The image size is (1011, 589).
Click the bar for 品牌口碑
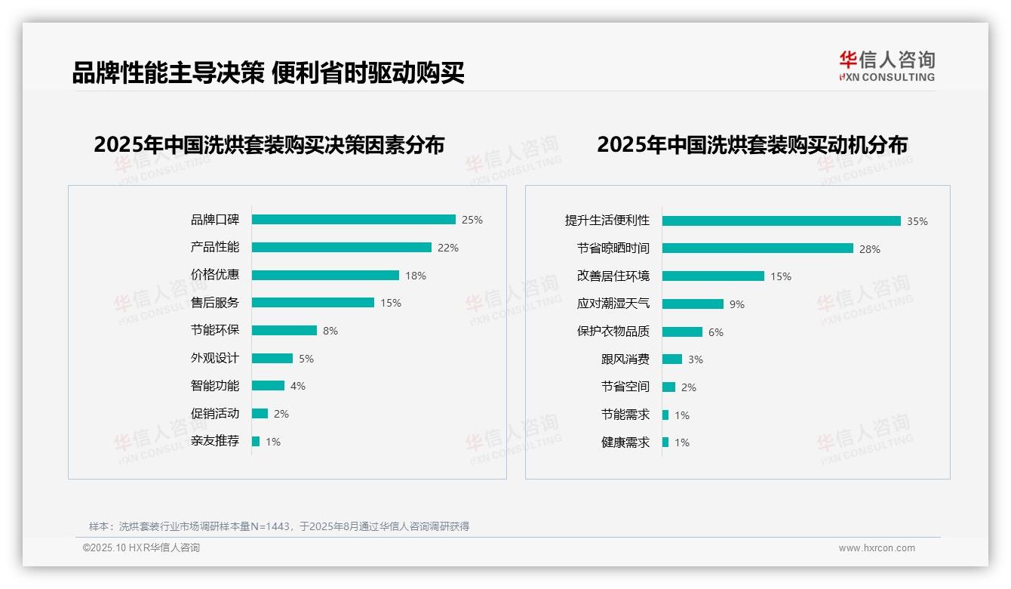click(x=353, y=220)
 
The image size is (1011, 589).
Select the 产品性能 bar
click(x=341, y=248)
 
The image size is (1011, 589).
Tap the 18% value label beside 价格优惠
click(x=416, y=276)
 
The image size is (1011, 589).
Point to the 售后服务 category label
click(x=214, y=303)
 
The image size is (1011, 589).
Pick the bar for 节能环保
click(x=284, y=331)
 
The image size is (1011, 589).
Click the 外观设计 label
click(x=214, y=358)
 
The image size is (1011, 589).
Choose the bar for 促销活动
click(x=260, y=414)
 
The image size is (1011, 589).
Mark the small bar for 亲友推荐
click(x=256, y=441)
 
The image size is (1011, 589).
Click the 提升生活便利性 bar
click(x=781, y=221)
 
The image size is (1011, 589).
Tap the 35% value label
click(x=917, y=222)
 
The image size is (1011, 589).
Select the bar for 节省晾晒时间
click(x=757, y=248)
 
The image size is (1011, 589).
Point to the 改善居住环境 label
click(x=613, y=276)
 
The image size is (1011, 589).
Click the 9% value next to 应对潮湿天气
click(x=737, y=304)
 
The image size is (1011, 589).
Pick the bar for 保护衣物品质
click(x=682, y=332)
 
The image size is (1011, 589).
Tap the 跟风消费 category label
click(x=625, y=359)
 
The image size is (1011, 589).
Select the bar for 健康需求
click(x=665, y=443)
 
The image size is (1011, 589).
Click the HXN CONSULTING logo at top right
click(x=887, y=66)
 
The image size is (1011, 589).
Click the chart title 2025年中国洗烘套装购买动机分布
click(x=751, y=145)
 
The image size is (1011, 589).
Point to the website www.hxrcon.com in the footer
click(x=877, y=548)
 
